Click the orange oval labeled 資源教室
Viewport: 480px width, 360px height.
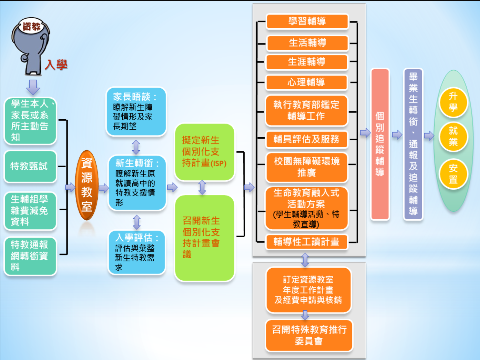click(x=87, y=185)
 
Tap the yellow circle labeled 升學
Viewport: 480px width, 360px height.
click(x=453, y=102)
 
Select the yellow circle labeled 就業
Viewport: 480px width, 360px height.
click(x=453, y=137)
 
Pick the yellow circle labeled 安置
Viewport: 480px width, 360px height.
click(x=453, y=174)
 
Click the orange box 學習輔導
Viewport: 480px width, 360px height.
click(x=307, y=21)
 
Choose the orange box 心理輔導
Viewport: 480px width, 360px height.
click(x=306, y=82)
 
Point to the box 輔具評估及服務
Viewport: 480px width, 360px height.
click(x=306, y=139)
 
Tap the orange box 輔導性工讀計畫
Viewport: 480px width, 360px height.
click(x=306, y=242)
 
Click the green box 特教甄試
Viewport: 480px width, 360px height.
click(x=30, y=167)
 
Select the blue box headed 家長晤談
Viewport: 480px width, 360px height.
click(x=136, y=111)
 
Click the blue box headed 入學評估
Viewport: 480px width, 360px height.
click(x=136, y=252)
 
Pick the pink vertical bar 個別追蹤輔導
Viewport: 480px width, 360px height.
click(x=380, y=144)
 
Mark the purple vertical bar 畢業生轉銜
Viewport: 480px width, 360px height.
click(x=413, y=144)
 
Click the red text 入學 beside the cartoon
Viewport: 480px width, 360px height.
click(x=56, y=64)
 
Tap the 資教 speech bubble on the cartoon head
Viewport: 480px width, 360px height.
click(x=32, y=27)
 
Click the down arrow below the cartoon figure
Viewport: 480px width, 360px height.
click(x=33, y=87)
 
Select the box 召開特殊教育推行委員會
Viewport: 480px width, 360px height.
click(x=309, y=336)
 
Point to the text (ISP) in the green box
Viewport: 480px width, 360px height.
click(x=218, y=163)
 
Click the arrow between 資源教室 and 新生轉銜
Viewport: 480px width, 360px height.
click(x=103, y=188)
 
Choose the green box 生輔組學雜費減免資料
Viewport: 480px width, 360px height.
click(x=30, y=210)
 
